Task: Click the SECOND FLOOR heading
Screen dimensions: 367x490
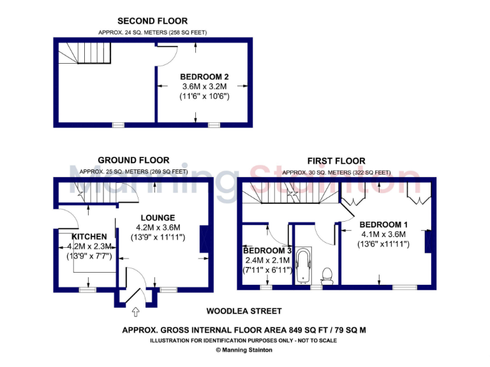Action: pos(152,21)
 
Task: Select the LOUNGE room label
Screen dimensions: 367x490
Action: pos(158,218)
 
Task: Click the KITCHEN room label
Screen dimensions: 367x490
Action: pos(89,236)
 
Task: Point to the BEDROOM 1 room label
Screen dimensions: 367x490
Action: pos(383,224)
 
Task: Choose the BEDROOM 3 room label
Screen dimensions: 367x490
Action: pos(266,250)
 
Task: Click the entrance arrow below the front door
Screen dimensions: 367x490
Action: pos(135,312)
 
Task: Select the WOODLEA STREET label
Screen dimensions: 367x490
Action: pos(244,312)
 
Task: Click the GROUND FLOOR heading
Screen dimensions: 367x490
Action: pos(133,160)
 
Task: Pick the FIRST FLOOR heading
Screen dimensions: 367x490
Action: pos(336,161)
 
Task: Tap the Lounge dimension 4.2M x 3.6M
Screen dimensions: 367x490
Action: pos(158,227)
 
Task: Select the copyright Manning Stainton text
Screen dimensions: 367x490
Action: pos(244,350)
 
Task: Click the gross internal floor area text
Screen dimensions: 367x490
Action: pos(244,330)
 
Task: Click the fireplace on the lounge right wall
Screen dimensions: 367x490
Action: pos(204,240)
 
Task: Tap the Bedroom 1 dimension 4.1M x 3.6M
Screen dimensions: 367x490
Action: pos(383,234)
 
